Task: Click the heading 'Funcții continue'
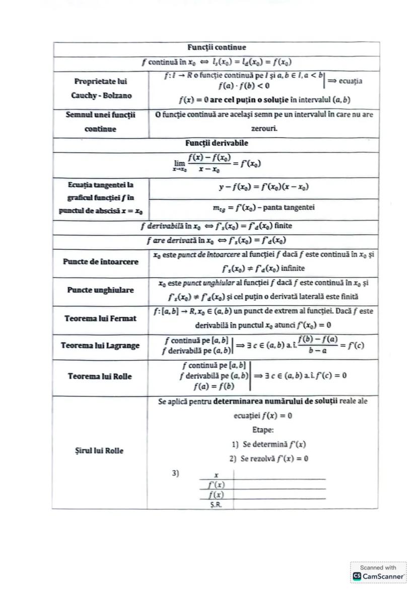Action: point(217,48)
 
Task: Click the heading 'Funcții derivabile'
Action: point(217,143)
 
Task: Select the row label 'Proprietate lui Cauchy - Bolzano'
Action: point(101,89)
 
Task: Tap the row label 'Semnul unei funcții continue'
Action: point(101,122)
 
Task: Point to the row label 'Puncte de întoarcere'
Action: point(101,261)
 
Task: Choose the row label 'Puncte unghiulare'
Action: point(101,290)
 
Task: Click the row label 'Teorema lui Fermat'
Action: point(101,318)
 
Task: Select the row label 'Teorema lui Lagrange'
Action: point(101,346)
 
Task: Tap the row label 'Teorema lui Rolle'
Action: point(101,376)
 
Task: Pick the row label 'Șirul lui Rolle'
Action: point(101,450)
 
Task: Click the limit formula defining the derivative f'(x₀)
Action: point(217,164)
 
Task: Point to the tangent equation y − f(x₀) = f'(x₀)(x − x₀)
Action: point(264,187)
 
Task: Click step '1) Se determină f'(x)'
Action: point(268,444)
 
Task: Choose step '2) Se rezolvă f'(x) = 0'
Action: point(268,458)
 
